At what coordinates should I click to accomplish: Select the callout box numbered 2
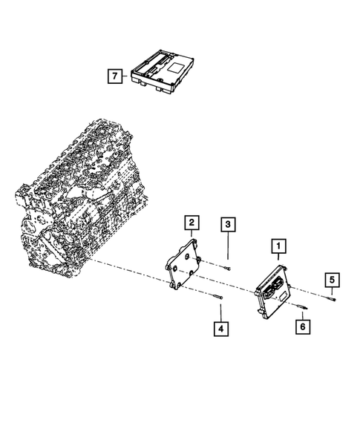point(191,222)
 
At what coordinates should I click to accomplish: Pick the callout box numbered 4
point(220,326)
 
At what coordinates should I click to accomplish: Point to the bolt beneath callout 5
point(331,298)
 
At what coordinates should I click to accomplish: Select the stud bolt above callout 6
point(301,305)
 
